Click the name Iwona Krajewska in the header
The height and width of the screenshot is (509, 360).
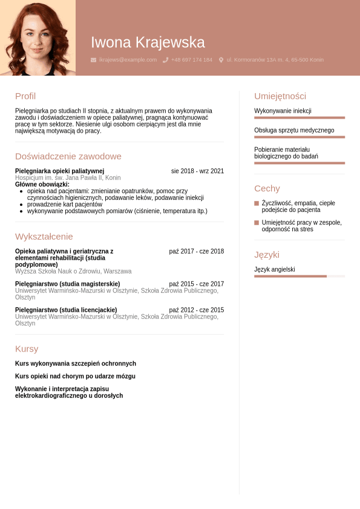(148, 42)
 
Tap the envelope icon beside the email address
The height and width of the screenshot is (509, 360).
(93, 60)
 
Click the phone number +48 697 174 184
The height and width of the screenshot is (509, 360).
(191, 60)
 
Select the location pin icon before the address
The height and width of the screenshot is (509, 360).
(221, 60)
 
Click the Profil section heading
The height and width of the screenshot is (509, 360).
(25, 96)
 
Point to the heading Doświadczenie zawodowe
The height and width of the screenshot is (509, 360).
(68, 156)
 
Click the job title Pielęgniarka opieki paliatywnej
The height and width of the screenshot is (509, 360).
(59, 171)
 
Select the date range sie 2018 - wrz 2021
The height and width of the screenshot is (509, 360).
(197, 171)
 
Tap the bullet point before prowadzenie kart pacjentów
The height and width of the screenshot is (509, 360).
(22, 205)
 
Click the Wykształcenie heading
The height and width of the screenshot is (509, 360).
(44, 236)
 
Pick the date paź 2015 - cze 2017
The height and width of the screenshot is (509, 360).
(196, 284)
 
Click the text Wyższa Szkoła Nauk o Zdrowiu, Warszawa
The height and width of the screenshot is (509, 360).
(73, 271)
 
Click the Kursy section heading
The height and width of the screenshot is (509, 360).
(27, 349)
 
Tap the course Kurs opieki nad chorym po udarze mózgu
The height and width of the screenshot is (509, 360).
(75, 376)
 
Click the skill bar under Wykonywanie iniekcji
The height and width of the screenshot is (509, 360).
(299, 117)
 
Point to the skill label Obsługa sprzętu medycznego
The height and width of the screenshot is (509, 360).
(294, 130)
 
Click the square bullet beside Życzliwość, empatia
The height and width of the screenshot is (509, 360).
(257, 203)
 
